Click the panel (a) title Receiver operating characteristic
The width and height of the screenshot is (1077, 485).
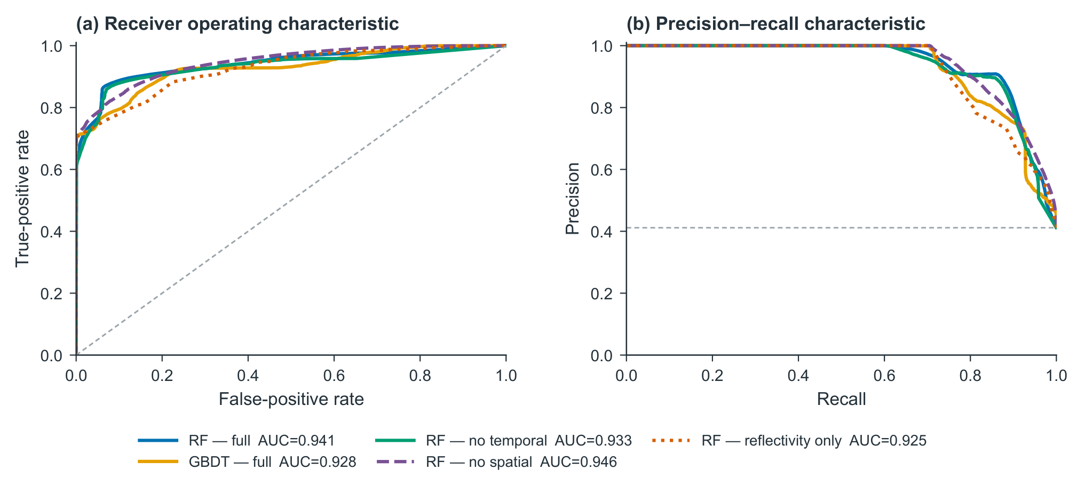click(x=237, y=24)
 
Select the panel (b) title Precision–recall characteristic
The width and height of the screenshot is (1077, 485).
click(x=775, y=24)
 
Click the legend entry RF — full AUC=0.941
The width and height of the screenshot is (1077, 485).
click(x=236, y=441)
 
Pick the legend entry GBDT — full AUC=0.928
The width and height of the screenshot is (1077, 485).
click(x=247, y=462)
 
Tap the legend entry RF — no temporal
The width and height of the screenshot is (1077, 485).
click(x=503, y=441)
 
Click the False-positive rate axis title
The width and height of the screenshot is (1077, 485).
click(x=291, y=399)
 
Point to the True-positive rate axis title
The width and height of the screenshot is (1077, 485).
click(x=22, y=200)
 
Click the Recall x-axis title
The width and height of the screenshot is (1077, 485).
click(x=841, y=399)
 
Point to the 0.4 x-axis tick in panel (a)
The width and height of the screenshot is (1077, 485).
click(x=248, y=376)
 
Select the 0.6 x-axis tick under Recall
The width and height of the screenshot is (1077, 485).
click(x=884, y=376)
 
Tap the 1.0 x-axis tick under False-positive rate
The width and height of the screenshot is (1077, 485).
click(x=506, y=376)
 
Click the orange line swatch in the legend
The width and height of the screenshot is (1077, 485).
click(x=157, y=462)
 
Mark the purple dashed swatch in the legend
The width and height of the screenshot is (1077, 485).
click(x=395, y=462)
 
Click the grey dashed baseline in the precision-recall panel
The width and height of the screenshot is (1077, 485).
click(x=841, y=228)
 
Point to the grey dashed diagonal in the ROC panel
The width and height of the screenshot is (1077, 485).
click(x=291, y=200)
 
